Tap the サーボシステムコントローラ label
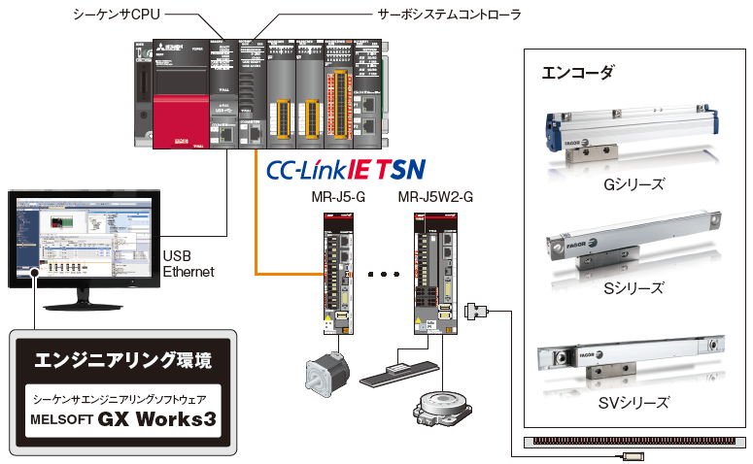coord(448,15)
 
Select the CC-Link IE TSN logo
coord(346,170)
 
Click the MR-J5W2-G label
coord(435,199)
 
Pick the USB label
coord(176,256)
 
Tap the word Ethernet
coord(188,272)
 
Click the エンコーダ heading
coord(577,73)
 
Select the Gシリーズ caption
coord(633,183)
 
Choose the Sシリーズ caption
coord(633,287)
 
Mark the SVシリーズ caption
coord(633,402)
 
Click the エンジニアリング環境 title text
coord(122,361)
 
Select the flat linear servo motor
coord(398,370)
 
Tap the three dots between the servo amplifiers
coord(385,275)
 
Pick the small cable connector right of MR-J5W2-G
coord(476,311)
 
